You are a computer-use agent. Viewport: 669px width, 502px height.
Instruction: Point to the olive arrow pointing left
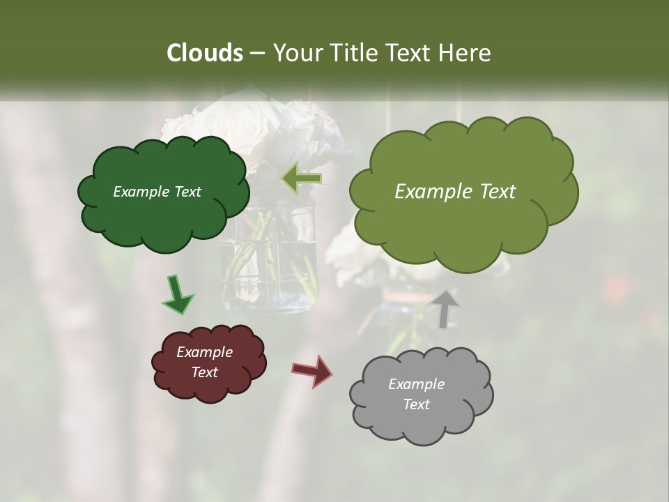[301, 178]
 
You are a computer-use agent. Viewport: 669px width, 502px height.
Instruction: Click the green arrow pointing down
[177, 295]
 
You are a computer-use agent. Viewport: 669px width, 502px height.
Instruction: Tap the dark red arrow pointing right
[312, 370]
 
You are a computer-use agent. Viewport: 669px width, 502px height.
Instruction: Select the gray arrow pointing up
[445, 309]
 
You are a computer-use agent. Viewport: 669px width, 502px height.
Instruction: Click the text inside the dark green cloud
[157, 192]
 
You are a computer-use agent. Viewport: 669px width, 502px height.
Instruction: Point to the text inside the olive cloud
[455, 192]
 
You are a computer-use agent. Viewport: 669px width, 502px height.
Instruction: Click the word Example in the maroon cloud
[204, 352]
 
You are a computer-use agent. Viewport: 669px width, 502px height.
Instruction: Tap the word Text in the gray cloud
[416, 404]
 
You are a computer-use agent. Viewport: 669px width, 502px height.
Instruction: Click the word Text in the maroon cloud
[204, 372]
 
